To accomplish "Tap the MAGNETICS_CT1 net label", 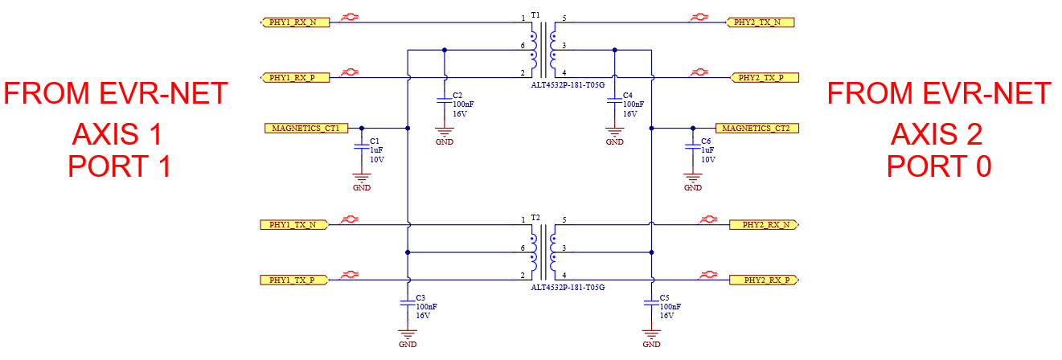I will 306,128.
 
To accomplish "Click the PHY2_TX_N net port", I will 760,22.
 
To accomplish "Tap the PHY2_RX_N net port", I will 765,224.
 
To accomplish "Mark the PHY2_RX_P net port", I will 765,280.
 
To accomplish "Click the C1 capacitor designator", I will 375,141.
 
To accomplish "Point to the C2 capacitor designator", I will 458,95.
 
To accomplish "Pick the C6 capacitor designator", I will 706,141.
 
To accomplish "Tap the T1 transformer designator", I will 536,15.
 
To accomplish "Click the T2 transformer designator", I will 536,217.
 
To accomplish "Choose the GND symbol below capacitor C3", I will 408,336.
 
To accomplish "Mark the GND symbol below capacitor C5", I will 651,336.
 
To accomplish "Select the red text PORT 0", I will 938,166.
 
